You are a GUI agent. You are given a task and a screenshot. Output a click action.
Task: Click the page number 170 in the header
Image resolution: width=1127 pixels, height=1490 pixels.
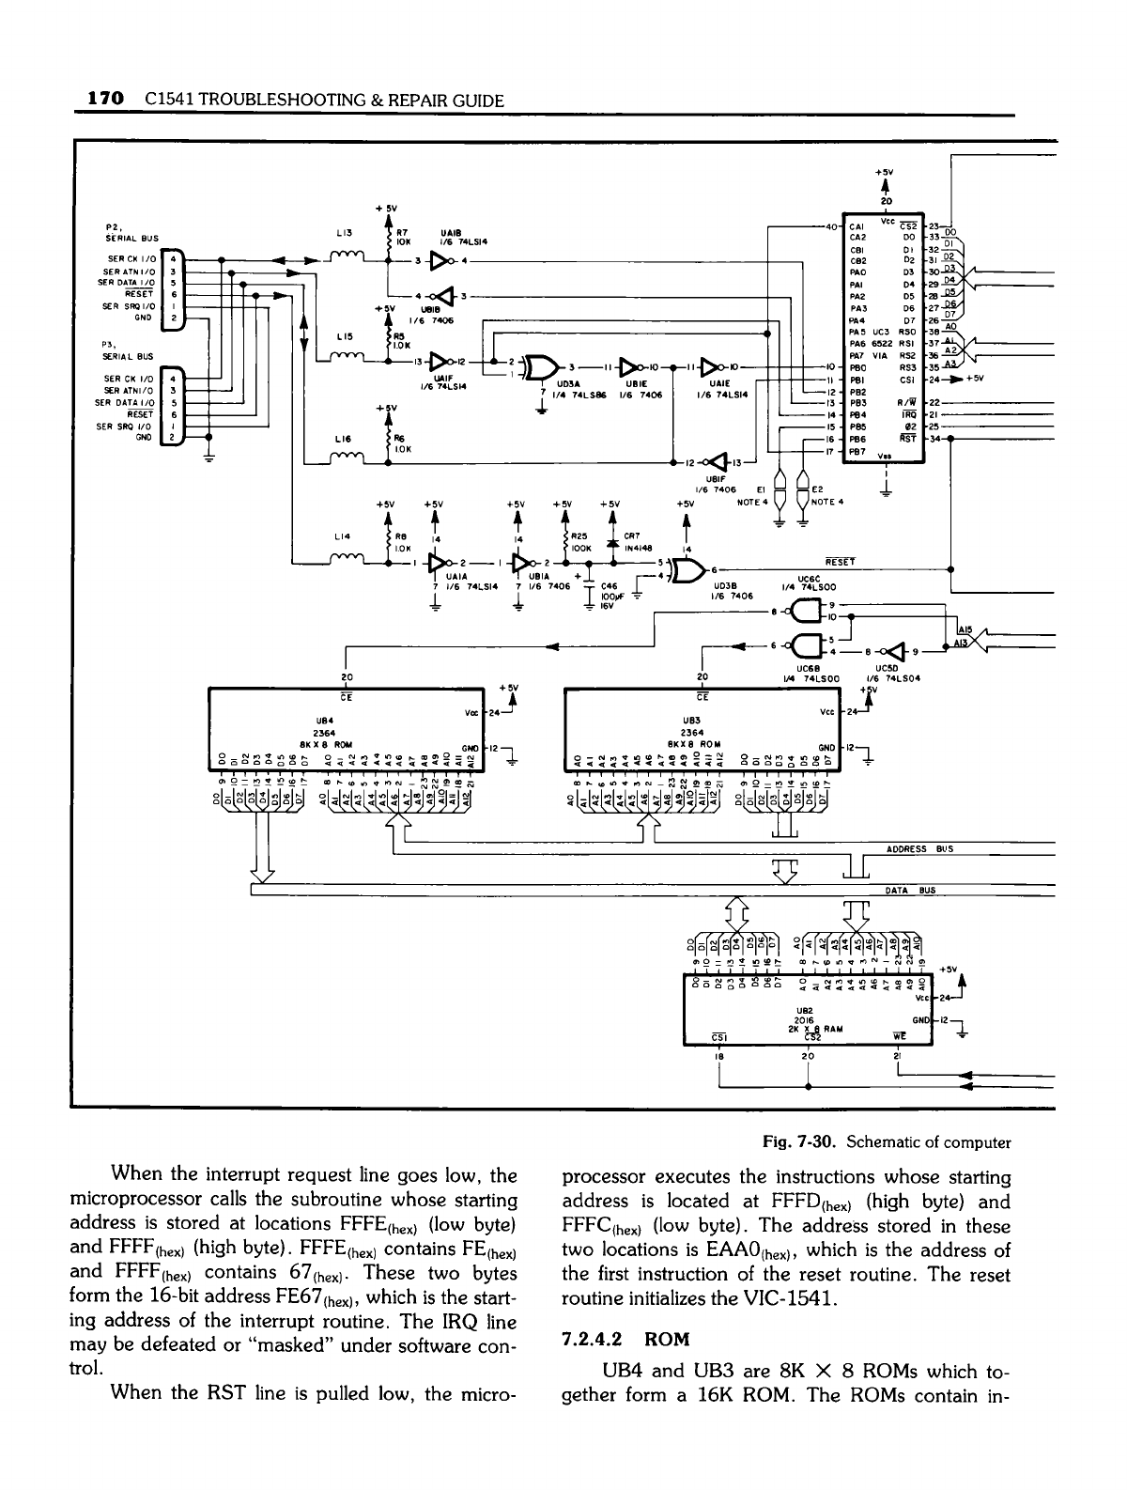[x=105, y=100]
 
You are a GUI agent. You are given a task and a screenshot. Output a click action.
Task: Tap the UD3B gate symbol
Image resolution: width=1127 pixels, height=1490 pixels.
[x=689, y=572]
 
